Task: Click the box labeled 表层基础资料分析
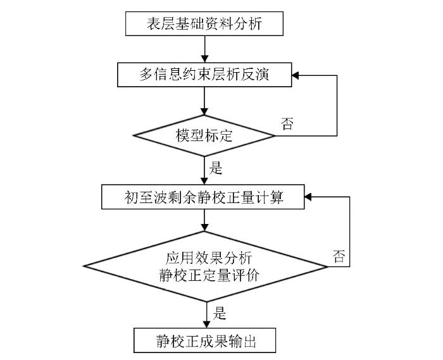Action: click(x=204, y=23)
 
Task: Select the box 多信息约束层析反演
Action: click(x=204, y=75)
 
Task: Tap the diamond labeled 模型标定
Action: click(x=204, y=136)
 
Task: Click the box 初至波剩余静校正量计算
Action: click(x=203, y=197)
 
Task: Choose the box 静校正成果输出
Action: click(x=204, y=340)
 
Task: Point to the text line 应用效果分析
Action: click(x=209, y=258)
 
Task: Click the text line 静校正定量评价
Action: click(x=209, y=275)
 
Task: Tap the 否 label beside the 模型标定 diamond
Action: click(x=287, y=123)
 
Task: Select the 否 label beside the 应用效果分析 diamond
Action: click(x=339, y=256)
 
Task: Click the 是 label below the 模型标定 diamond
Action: click(x=216, y=168)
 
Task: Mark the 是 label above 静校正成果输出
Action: click(x=219, y=313)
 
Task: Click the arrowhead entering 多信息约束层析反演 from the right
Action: click(x=296, y=75)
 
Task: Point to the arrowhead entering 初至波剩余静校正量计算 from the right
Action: click(x=308, y=197)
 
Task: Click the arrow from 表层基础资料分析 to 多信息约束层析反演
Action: click(x=204, y=49)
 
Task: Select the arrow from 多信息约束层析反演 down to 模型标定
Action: click(x=204, y=101)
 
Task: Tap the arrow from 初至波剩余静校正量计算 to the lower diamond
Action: click(x=204, y=220)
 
